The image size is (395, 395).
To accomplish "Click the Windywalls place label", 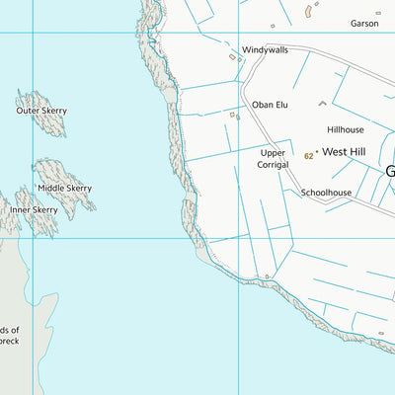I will coord(265,49).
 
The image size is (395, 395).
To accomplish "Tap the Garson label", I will coord(363,24).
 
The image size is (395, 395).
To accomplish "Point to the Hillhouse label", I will coord(346,129).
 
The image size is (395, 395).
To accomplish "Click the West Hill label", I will coord(345,155).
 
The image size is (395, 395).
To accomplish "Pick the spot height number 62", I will coord(309,156).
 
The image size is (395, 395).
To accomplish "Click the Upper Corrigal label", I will coord(273,160).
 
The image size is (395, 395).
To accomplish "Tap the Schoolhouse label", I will coord(326,193).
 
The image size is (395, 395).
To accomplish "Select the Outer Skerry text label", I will coord(41,111).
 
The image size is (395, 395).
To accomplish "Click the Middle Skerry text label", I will coord(64,188).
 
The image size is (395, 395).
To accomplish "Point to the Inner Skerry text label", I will coord(34,210).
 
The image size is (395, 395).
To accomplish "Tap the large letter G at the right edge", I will coord(389,170).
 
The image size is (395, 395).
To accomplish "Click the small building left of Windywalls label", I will coord(233,57).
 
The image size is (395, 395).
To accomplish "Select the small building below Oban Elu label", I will coord(236,117).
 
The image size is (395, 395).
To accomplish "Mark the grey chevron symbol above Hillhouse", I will coord(321,102).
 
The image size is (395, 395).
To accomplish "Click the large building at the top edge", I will coord(309,11).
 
